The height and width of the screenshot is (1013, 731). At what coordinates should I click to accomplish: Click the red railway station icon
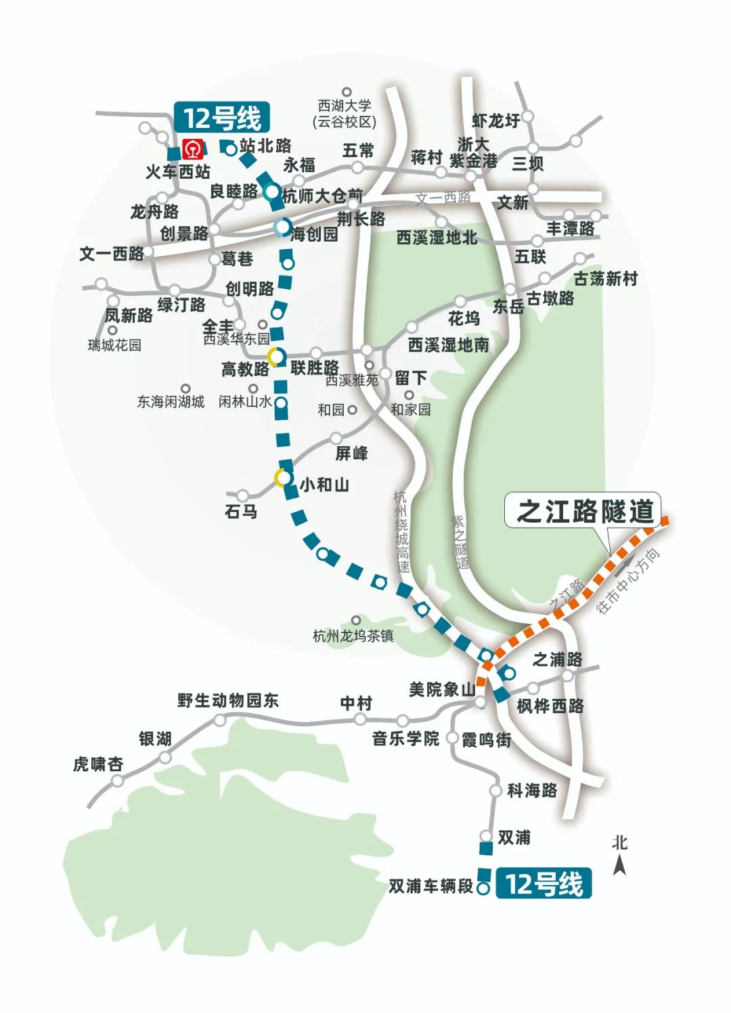pos(194,148)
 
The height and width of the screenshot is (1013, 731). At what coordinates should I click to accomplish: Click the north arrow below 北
pos(619,865)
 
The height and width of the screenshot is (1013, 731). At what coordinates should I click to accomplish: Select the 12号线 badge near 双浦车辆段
pos(544,884)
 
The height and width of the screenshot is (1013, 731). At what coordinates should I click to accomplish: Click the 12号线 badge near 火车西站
pos(223,118)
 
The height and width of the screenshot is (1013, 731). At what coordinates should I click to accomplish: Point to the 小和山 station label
pos(324,485)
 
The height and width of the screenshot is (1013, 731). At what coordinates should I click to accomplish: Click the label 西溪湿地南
pos(448,345)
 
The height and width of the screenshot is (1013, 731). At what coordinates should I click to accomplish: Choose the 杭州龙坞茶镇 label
pos(353,636)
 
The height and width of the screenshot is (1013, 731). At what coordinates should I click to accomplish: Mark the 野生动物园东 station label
pos(228,700)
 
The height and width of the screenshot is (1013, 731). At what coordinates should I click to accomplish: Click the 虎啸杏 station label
pos(98,764)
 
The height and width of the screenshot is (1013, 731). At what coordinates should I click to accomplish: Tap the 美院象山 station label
pos(442,690)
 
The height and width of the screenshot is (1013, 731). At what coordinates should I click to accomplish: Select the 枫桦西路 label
pos(550,706)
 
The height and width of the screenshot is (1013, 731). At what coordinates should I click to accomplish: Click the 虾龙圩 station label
pos(496,121)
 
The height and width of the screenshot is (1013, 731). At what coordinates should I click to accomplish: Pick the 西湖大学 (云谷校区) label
pos(345,114)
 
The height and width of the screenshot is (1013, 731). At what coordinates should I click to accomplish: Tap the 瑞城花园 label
pos(114,345)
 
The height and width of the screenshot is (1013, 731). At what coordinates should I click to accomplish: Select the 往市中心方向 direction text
pos(627,581)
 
